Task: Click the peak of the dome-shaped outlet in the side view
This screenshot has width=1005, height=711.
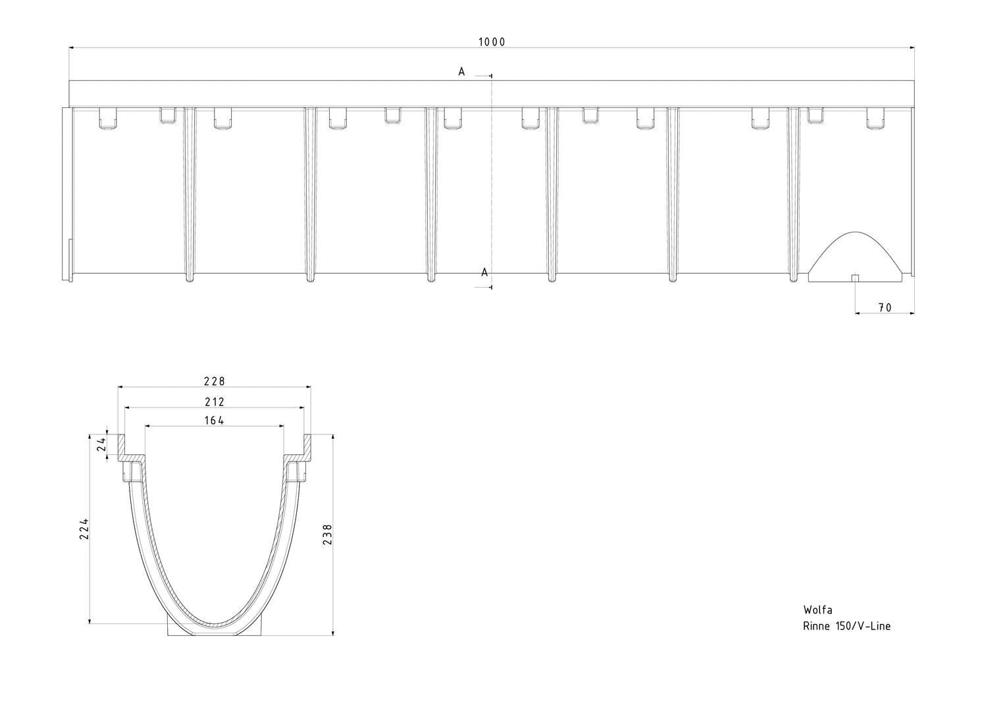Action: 855,232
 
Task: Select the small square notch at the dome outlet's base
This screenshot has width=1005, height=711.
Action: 855,278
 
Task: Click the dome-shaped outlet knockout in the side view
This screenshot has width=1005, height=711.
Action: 855,257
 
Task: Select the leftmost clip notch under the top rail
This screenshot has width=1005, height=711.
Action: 108,118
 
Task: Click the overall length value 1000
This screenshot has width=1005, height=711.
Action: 492,42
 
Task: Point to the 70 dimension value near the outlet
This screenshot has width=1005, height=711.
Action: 885,308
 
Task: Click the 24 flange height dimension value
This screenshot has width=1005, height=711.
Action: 102,444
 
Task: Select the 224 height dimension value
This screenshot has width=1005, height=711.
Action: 84,529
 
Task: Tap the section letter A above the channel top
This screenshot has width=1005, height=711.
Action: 461,71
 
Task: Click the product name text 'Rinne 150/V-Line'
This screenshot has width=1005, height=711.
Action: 846,626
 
